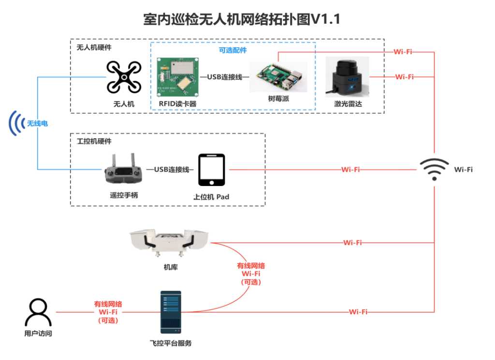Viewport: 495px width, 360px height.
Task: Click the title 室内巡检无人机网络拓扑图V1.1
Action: (242, 19)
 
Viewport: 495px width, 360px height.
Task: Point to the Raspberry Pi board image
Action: (278, 77)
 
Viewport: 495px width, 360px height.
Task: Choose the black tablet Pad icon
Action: (212, 170)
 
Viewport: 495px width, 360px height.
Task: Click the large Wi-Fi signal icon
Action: (434, 169)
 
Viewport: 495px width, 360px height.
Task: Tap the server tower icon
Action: (171, 312)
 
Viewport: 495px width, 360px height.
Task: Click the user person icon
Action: (38, 312)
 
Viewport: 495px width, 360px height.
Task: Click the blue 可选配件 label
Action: (233, 50)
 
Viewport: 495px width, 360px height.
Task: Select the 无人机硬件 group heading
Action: (94, 48)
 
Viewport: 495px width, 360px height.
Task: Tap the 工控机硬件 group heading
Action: (94, 142)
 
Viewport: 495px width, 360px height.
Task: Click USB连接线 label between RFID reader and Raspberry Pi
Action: (225, 76)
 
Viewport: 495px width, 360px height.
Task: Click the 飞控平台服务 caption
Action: (171, 343)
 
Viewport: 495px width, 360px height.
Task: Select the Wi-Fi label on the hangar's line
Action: (352, 243)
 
